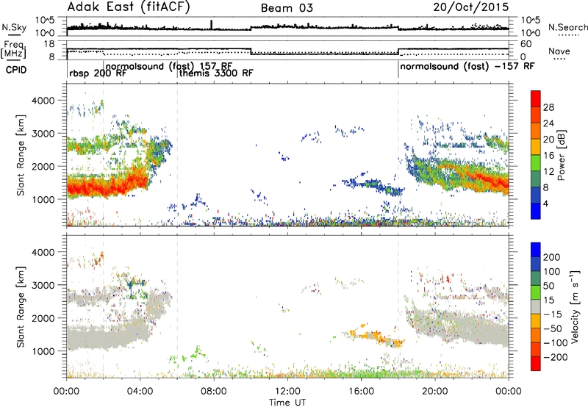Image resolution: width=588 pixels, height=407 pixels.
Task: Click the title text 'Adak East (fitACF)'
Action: click(129, 7)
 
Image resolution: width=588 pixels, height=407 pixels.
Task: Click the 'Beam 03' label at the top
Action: click(287, 8)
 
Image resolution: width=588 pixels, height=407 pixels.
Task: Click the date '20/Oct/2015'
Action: click(471, 7)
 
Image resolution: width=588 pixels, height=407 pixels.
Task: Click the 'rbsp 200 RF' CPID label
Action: click(98, 73)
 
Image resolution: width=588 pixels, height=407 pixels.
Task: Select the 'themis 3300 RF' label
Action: click(216, 73)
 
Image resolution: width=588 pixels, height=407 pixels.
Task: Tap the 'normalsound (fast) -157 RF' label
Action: click(467, 66)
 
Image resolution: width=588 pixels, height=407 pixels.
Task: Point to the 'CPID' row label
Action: click(16, 70)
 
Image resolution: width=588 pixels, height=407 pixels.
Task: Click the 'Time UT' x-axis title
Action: click(287, 403)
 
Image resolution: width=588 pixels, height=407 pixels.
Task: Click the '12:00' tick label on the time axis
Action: click(287, 392)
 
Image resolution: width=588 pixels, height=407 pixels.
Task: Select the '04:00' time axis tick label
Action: click(140, 392)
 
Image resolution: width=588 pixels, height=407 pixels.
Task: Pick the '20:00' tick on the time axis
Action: click(434, 392)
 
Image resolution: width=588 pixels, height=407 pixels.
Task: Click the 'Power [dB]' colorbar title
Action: click(562, 155)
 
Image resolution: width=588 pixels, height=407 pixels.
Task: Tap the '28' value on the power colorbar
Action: click(548, 107)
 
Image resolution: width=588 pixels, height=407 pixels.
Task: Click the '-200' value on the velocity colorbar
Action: click(555, 357)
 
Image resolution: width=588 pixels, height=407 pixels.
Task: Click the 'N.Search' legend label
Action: click(567, 27)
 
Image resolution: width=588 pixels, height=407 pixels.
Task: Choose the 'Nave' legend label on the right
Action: click(559, 51)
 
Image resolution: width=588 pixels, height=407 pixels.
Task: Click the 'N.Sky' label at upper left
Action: click(14, 27)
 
